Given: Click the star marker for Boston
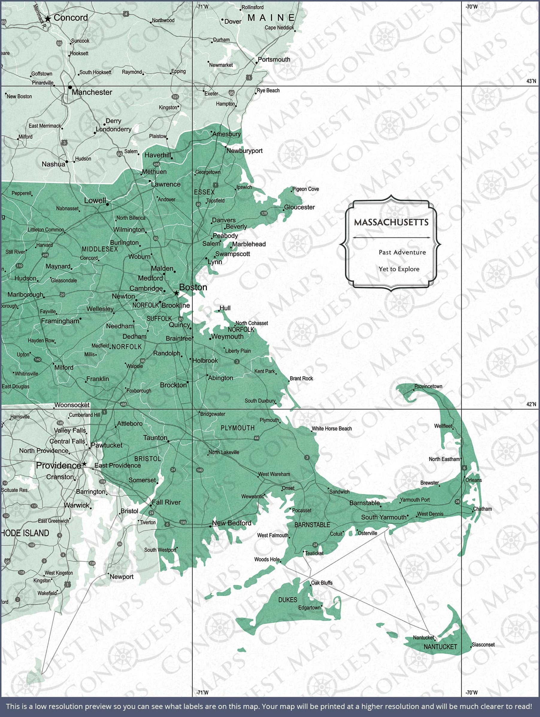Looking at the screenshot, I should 176,293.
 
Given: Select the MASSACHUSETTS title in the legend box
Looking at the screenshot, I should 391,222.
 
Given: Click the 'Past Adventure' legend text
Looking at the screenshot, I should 402,252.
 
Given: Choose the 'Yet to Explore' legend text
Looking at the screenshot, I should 399,269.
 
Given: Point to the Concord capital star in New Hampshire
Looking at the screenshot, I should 48,19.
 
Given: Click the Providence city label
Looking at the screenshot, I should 58,465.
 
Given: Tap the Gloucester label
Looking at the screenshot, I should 299,207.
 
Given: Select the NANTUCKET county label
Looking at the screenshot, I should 440,647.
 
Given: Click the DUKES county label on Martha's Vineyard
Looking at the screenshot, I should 288,600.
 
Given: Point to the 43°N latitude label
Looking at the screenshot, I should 531,81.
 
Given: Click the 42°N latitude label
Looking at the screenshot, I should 531,404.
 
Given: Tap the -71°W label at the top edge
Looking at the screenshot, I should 202,7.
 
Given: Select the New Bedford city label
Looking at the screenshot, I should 232,523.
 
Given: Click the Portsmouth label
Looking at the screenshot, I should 274,59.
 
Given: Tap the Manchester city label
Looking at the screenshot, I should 92,92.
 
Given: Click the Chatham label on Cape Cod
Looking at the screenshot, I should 482,509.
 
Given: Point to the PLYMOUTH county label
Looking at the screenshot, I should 238,428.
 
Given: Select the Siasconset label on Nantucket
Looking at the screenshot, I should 483,645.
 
